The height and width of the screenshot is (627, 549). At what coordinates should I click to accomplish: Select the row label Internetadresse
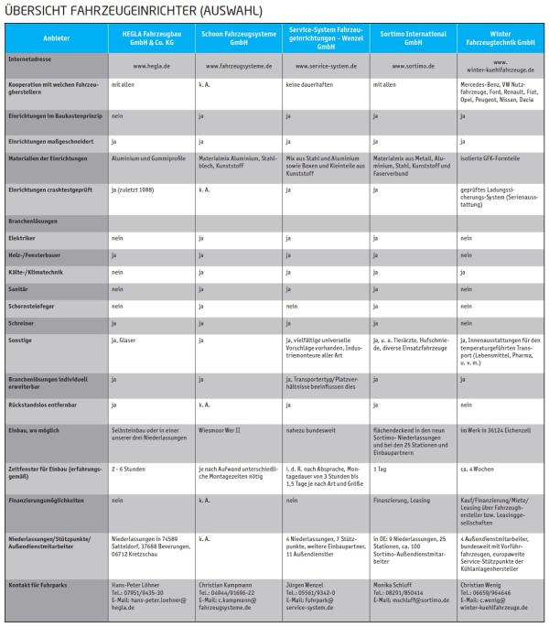coord(34,57)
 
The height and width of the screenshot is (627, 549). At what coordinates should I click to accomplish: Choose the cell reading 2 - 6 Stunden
coord(130,469)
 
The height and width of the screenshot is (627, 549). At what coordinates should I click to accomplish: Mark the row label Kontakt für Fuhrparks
coord(44,583)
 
